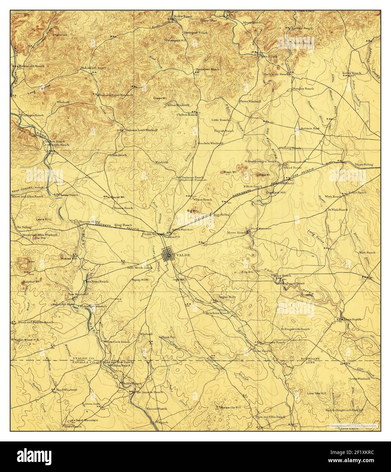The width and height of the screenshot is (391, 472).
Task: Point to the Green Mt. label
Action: pos(158,98)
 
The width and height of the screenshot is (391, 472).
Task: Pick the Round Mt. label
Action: pos(118,197)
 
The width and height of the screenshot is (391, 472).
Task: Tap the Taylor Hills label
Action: pos(227,296)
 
